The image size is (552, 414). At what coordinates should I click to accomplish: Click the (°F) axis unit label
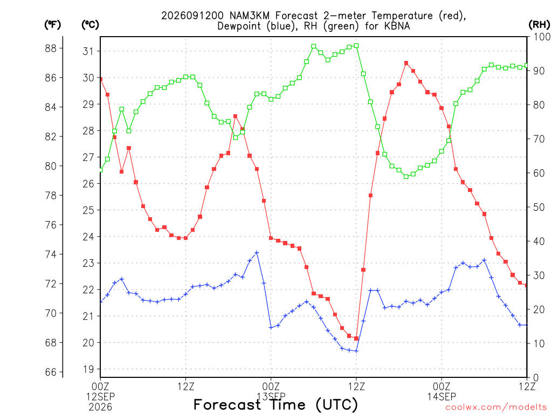click(52, 25)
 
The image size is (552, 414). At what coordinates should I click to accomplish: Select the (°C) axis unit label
click(90, 25)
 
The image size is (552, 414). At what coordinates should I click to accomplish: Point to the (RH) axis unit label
click(539, 24)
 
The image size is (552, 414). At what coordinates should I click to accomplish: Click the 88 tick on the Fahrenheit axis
click(51, 48)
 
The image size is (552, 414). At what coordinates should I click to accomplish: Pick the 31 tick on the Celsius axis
click(88, 51)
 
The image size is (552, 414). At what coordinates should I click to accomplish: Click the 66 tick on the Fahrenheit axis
click(51, 372)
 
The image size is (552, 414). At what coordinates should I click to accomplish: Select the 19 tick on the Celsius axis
click(88, 369)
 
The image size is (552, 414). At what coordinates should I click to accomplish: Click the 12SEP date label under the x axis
click(101, 397)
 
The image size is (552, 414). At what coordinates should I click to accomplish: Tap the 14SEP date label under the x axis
click(441, 397)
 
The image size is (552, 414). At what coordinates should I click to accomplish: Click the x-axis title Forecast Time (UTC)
click(275, 405)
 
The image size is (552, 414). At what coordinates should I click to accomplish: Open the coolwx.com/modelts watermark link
click(496, 408)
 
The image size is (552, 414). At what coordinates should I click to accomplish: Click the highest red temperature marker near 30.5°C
click(406, 63)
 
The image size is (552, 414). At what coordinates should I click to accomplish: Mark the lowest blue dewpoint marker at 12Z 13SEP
click(356, 351)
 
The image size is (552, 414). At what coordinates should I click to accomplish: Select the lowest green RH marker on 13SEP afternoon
click(406, 177)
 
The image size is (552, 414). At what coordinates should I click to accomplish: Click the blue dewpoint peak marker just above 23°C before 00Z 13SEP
click(257, 253)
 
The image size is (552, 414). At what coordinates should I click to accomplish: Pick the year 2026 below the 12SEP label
click(101, 408)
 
